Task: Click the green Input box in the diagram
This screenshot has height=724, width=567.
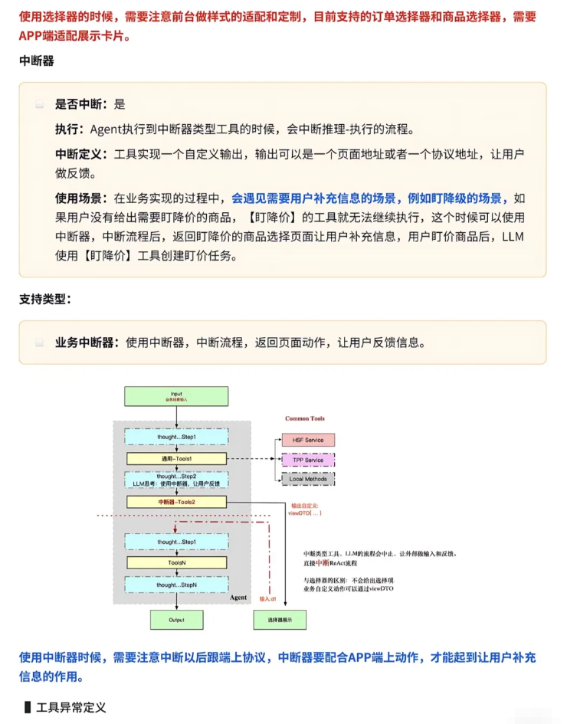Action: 176,396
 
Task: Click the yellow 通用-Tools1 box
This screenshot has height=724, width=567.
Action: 177,458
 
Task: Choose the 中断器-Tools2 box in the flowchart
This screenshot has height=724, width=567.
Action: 177,502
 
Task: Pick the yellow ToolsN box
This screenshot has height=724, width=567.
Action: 177,562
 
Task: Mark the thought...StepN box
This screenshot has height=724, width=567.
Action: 177,585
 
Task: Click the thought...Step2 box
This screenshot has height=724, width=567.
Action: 177,480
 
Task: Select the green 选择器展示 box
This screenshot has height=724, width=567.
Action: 279,619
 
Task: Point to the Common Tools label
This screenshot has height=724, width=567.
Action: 305,418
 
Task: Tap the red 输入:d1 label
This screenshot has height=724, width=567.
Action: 267,598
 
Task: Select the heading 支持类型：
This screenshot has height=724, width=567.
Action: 45,300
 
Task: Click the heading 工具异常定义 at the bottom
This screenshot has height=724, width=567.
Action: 70,706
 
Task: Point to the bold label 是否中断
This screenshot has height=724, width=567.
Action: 82,104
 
